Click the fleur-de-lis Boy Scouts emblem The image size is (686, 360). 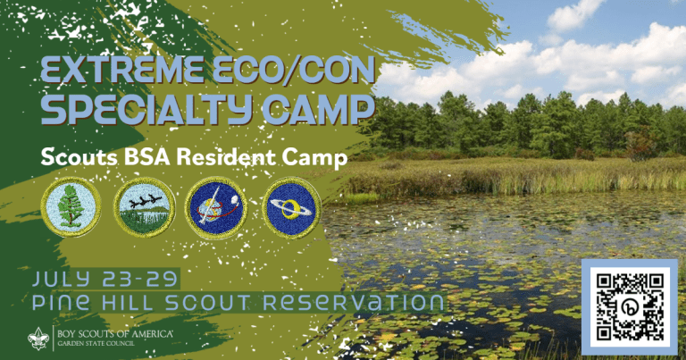click(33, 339)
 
